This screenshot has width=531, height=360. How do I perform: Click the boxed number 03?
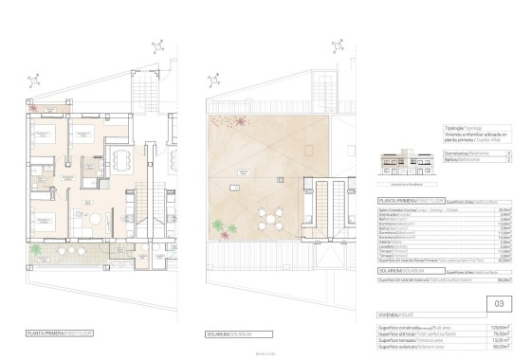500,303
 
